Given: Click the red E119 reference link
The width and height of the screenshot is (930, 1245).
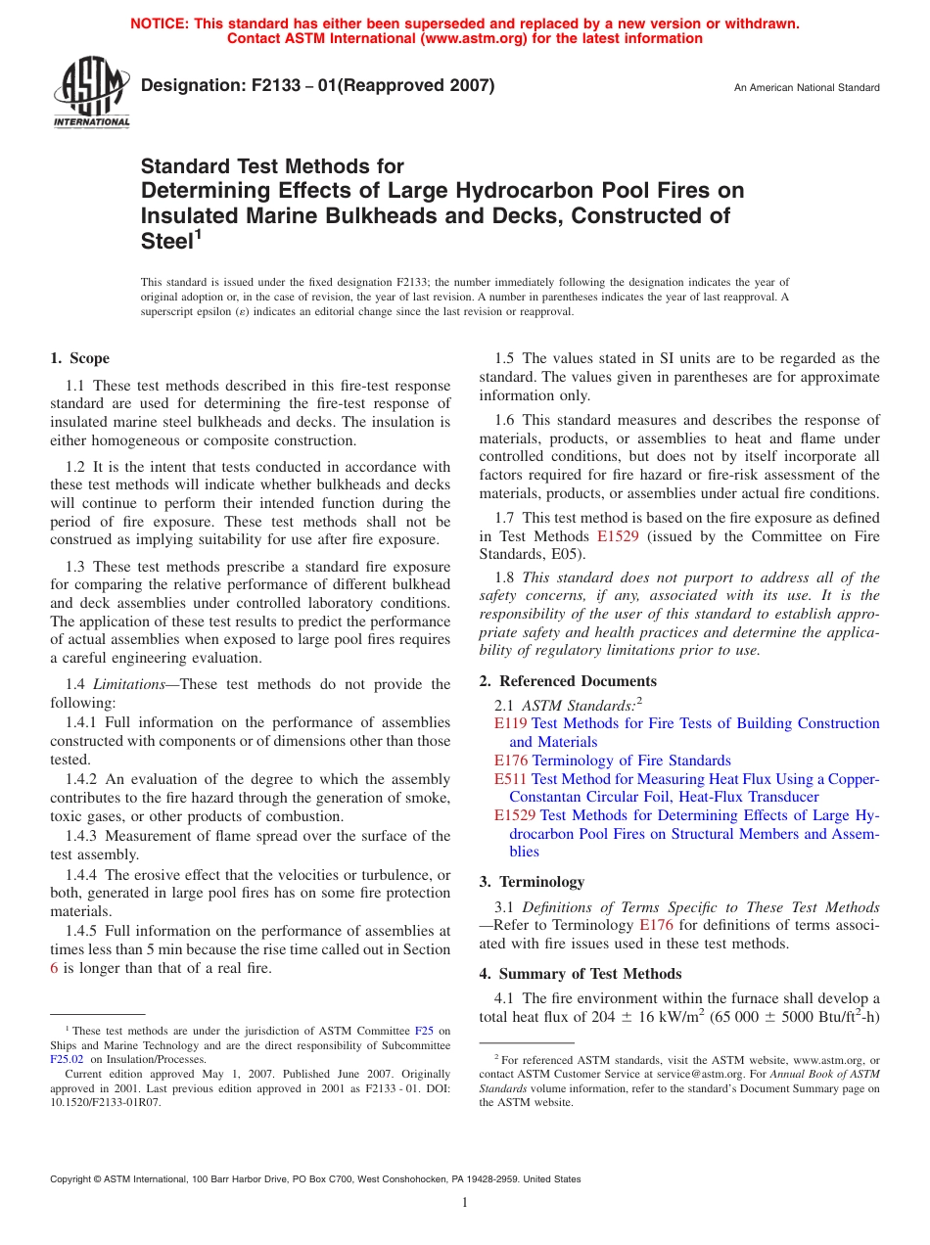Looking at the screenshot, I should tap(511, 723).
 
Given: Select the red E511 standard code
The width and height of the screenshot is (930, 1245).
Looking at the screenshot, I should tap(511, 779).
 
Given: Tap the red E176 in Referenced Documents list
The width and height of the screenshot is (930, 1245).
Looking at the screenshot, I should tap(511, 761).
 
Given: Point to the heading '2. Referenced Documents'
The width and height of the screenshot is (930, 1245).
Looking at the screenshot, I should tap(568, 681).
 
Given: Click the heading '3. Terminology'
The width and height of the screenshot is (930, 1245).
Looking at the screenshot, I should tap(532, 882).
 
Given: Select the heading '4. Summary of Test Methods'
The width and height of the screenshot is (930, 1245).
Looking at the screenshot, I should tap(581, 974).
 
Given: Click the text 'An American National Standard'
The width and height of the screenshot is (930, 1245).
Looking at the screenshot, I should tap(807, 88).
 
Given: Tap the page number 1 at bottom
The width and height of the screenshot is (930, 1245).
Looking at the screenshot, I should tap(465, 1203).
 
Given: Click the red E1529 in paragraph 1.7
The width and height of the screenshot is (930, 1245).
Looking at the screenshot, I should tap(617, 536).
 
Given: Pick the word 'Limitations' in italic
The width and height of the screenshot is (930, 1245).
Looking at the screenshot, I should tap(128, 684).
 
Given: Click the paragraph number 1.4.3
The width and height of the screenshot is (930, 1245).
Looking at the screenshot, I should tap(83, 836).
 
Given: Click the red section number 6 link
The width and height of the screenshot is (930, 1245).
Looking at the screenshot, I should tap(54, 968).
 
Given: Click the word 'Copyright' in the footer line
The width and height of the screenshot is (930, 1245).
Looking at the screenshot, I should tap(73, 1179).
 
